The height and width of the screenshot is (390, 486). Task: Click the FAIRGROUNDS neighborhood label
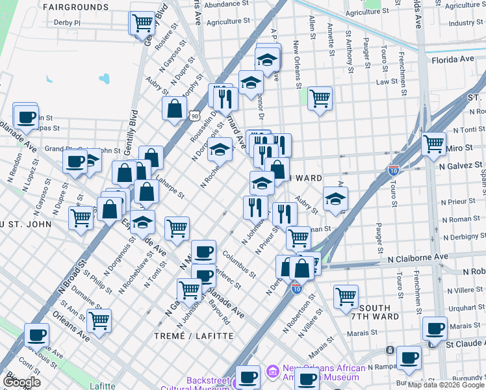tap(77, 7)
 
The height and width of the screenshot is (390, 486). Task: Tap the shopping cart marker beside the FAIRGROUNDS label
tap(142, 23)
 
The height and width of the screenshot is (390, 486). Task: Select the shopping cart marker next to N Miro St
tap(433, 144)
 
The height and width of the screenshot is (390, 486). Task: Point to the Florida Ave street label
tap(452, 59)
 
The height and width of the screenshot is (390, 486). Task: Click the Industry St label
tap(466, 23)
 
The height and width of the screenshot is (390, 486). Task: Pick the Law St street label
tap(387, 82)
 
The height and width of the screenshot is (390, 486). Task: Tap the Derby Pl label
tap(68, 22)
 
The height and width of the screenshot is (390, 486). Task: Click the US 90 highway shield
tap(194, 115)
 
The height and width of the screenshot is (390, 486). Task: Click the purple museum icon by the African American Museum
tap(272, 372)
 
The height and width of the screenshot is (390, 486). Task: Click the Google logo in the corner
tap(21, 382)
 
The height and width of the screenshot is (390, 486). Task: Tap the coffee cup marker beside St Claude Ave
tap(434, 328)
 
